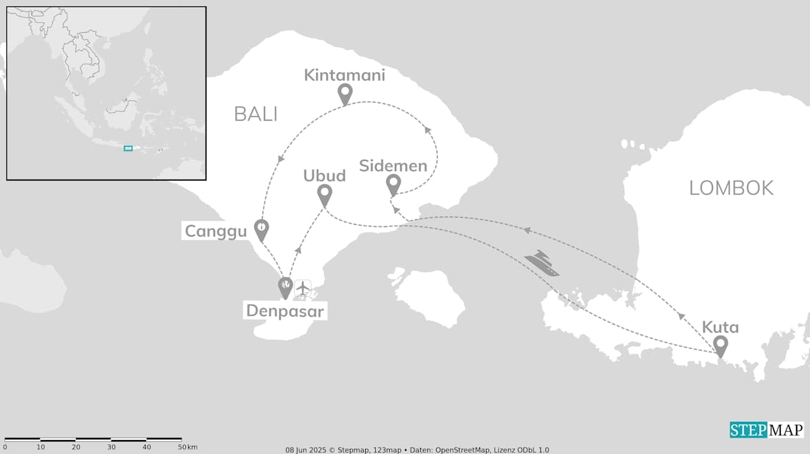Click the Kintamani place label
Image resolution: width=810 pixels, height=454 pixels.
tap(344, 75)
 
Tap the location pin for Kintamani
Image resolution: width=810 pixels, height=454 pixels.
tap(345, 94)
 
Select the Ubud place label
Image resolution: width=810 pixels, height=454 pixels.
tap(324, 175)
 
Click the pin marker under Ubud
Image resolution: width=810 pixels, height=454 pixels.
tap(325, 195)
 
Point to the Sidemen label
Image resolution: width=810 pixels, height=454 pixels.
tap(393, 166)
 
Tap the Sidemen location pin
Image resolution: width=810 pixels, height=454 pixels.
tap(394, 185)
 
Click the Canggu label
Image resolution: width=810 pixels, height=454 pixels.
tap(216, 231)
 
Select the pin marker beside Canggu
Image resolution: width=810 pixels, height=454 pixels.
tap(261, 229)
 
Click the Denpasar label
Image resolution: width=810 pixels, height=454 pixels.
tap(286, 311)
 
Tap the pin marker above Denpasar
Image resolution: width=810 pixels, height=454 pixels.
tap(286, 288)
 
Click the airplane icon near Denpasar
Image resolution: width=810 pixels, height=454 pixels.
tap(303, 288)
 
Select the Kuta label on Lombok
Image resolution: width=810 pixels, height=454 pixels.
tap(720, 328)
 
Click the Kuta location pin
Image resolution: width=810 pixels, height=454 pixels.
tap(720, 346)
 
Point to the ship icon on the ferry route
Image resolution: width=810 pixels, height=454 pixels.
tap(542, 262)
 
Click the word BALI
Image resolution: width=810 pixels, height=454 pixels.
tap(256, 114)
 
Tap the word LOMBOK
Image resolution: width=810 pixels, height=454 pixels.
tap(731, 188)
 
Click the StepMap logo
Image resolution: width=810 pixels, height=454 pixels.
tap(766, 431)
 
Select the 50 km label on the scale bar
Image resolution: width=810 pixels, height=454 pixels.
tap(189, 447)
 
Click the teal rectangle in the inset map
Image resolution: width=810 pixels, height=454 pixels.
tap(128, 148)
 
